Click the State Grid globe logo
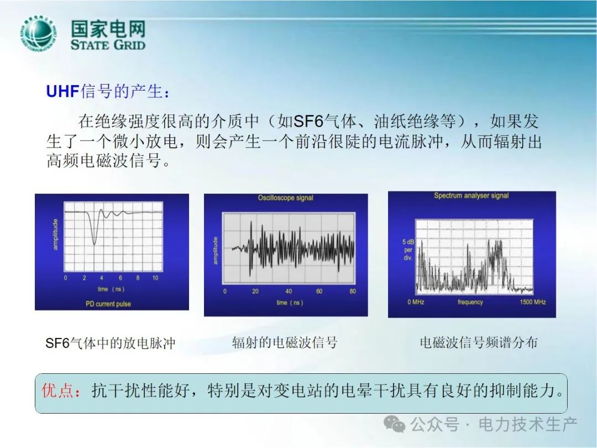tap(38, 35)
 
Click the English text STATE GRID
tap(108, 45)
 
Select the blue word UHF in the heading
tap(62, 92)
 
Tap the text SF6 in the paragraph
tap(308, 122)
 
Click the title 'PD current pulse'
tap(108, 304)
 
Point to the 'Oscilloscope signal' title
tap(286, 197)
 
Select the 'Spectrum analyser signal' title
tap(472, 195)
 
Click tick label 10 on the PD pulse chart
tap(155, 278)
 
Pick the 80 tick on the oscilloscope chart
tap(353, 291)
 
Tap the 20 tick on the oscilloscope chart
tap(255, 291)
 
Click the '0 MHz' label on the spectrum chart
tap(416, 302)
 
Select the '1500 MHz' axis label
tap(533, 302)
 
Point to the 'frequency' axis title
tap(470, 302)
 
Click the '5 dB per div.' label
tap(408, 250)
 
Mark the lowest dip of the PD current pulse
tap(95, 244)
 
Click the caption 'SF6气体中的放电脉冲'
tap(111, 343)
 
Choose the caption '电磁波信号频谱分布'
tap(479, 342)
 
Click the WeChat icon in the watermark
tap(395, 424)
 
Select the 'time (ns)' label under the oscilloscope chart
tap(290, 303)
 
